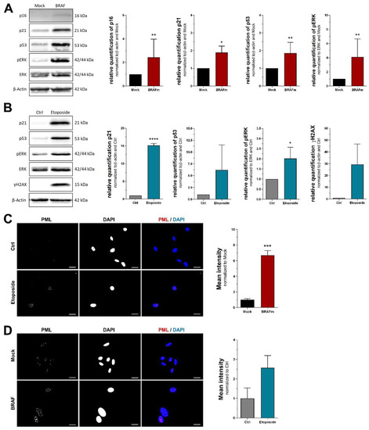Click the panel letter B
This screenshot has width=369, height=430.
[x=5, y=119]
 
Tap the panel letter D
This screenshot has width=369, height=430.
[x=5, y=329]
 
